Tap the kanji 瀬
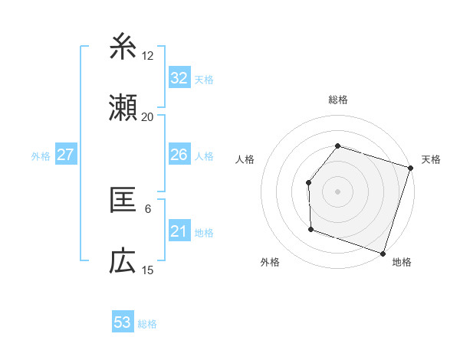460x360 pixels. coord(123,109)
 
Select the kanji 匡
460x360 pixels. coord(123,200)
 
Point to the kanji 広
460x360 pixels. coord(123,262)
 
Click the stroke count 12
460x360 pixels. coord(148,55)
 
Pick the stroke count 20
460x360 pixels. coord(147,117)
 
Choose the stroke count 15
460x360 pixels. coord(148,270)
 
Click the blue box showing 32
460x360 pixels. coord(179,78)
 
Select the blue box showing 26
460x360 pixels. coord(179,155)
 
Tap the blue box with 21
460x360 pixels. coord(179,231)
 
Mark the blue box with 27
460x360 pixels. coord(65,155)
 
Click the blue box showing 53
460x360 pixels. coord(123,322)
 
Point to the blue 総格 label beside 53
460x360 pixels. coord(147,324)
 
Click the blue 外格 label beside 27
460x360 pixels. coord(41,156)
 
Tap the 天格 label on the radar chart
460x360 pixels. coord(432,159)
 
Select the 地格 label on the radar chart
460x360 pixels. coord(402,262)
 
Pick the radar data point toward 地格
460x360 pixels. coord(383,253)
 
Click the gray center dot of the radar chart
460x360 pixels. coord(337,191)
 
